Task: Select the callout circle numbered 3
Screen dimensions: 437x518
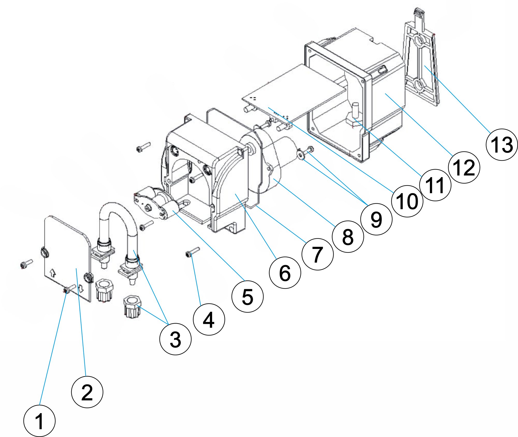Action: (x=175, y=339)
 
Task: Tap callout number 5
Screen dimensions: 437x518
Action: (x=247, y=296)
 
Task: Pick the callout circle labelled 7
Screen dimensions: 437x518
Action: (x=318, y=254)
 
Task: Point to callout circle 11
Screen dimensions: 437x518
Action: (x=435, y=185)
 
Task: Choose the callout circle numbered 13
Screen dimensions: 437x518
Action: (x=502, y=144)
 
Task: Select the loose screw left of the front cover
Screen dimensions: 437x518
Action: (x=26, y=264)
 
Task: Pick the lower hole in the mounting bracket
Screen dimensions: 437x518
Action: (x=418, y=85)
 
